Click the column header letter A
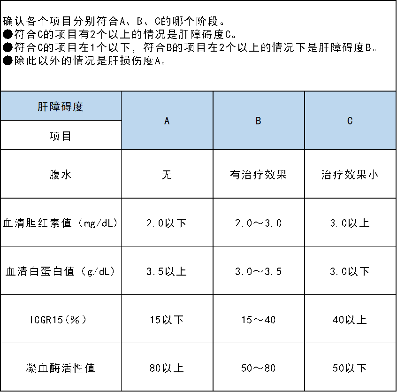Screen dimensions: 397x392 pyautogui.click(x=167, y=121)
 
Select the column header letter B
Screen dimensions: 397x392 pyautogui.click(x=258, y=121)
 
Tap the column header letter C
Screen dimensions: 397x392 pyautogui.click(x=350, y=121)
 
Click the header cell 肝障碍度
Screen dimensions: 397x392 pyautogui.click(x=61, y=107)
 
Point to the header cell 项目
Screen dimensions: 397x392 pyautogui.click(x=61, y=136)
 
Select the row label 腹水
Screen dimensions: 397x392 pyautogui.click(x=61, y=175)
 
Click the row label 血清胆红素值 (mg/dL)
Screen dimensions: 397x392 pyautogui.click(x=61, y=223)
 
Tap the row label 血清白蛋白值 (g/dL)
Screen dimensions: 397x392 pyautogui.click(x=61, y=271)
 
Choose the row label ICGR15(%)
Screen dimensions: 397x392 pyautogui.click(x=59, y=320)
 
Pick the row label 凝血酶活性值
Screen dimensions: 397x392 pyautogui.click(x=61, y=368)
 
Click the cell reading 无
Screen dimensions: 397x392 pyautogui.click(x=167, y=175)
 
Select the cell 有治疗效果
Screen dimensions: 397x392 pyautogui.click(x=258, y=175)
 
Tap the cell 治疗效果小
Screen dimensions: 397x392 pyautogui.click(x=350, y=175)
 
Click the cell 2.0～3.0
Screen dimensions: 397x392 pyautogui.click(x=258, y=223)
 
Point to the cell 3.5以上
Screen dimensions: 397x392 pyautogui.click(x=167, y=271)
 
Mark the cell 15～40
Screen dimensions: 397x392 pyautogui.click(x=258, y=320)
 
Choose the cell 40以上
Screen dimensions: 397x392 pyautogui.click(x=350, y=320)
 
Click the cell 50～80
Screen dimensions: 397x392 pyautogui.click(x=258, y=368)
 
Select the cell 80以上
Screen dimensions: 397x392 pyautogui.click(x=167, y=368)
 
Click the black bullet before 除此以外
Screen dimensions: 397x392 pyautogui.click(x=8, y=61)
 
